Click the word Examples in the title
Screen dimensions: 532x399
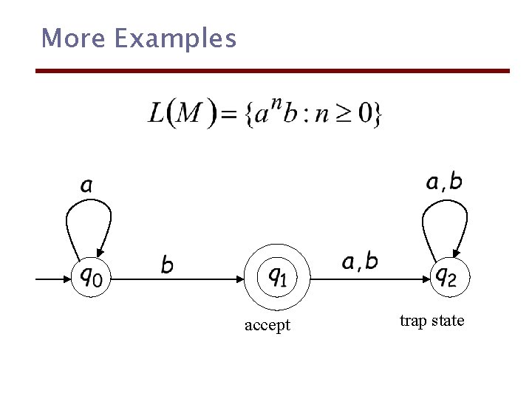[x=175, y=38]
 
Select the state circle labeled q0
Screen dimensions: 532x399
[x=91, y=277]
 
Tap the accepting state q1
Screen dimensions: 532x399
[x=277, y=277]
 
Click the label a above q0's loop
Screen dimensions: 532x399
[x=86, y=185]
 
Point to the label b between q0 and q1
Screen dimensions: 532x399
[x=168, y=264]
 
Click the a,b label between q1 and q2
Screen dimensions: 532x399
[x=360, y=261]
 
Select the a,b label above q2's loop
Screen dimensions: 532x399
[x=445, y=181]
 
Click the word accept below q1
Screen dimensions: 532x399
[x=267, y=325]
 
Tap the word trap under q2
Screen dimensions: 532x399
[x=412, y=321]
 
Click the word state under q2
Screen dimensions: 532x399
[x=449, y=321]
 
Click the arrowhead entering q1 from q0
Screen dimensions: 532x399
[x=240, y=279]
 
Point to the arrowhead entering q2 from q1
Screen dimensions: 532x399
[x=426, y=279]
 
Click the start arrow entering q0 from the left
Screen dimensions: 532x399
[x=52, y=279]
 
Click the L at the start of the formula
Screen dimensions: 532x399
[x=157, y=113]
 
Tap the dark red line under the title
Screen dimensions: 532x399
[x=273, y=71]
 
